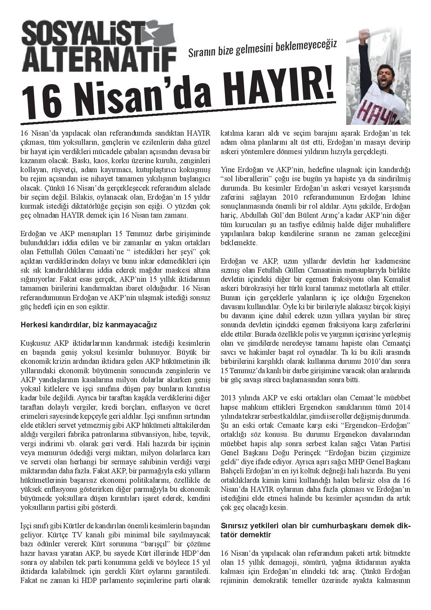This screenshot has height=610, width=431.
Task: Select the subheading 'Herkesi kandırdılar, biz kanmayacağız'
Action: [89, 325]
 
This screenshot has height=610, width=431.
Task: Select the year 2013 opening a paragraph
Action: [228, 398]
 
